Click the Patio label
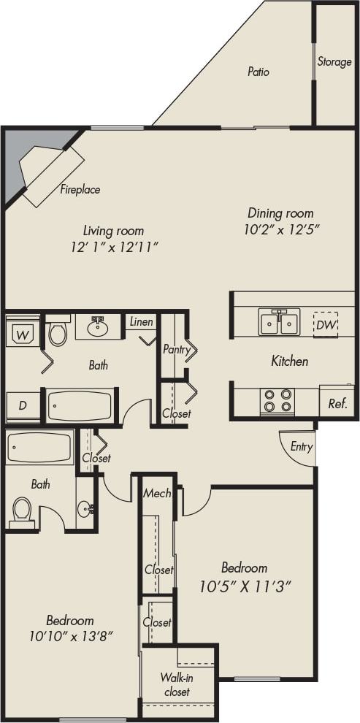(258, 72)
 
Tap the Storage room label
(334, 62)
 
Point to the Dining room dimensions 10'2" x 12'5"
(280, 229)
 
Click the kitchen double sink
(279, 321)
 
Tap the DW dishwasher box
(326, 325)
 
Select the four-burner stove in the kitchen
(277, 401)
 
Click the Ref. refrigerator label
(337, 403)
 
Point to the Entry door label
(301, 447)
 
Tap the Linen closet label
(141, 322)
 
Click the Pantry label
(176, 350)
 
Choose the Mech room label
(157, 493)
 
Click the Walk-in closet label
(176, 684)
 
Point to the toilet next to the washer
(57, 333)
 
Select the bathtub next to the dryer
(80, 406)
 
